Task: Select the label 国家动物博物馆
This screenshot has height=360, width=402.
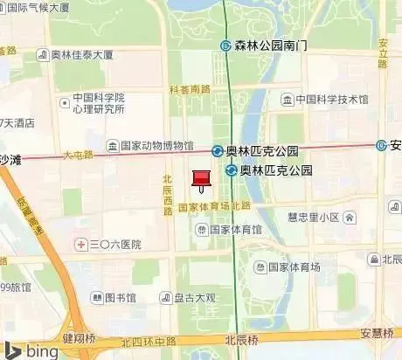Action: (156, 146)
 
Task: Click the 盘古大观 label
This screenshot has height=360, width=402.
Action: (193, 298)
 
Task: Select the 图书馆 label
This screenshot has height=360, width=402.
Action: (120, 298)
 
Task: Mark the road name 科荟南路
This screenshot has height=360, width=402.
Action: (190, 89)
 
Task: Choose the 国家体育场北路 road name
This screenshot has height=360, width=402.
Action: (214, 206)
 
